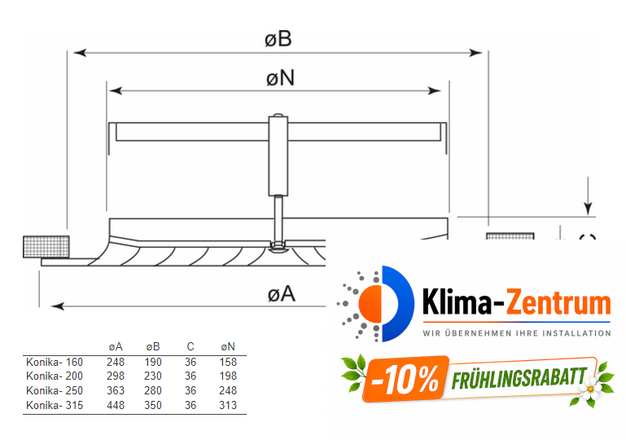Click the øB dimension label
point(278,38)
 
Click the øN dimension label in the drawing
point(279,77)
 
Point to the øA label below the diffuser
point(281,293)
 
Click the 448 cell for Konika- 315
point(115,405)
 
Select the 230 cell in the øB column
point(153,376)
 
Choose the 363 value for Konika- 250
point(115,390)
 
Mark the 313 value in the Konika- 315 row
point(228,405)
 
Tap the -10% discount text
point(404,378)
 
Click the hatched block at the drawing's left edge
point(46,245)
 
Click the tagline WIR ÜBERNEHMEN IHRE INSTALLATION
point(516,332)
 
